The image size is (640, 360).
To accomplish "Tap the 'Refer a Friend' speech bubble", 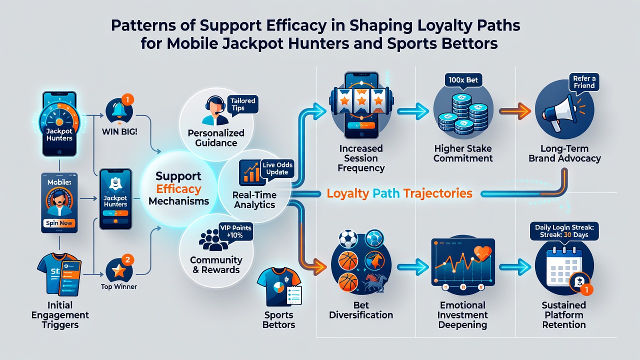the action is coord(584,82).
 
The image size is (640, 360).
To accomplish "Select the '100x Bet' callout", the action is coord(463,80).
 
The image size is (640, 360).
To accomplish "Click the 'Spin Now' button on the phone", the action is coord(59,223).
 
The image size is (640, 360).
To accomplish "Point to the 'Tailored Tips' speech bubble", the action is coord(242,105).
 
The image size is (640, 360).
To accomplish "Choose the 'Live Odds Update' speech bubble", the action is coord(277,169).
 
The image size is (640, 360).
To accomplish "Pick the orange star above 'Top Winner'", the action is coord(118,270).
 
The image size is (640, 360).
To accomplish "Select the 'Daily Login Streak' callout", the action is coord(564,231).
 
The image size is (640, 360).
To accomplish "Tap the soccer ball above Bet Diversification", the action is coord(348,238).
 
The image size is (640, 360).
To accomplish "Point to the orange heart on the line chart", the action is coord(483,252).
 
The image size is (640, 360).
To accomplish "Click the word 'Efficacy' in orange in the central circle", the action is coord(178,189).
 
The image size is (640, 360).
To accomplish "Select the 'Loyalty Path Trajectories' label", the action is coord(399,193).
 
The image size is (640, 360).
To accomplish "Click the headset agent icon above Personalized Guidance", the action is coord(215,110).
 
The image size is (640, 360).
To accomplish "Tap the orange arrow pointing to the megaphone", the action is coord(515,111).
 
